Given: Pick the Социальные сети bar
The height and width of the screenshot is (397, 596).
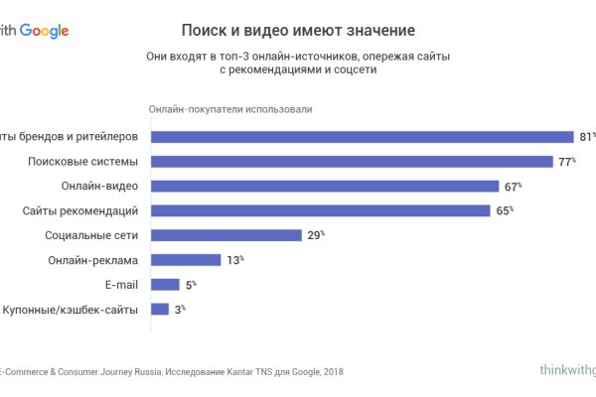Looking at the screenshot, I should (225, 235).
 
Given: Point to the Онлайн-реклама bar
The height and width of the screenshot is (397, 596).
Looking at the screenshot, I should (185, 260).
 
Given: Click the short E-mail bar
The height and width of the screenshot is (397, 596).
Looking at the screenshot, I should (164, 284).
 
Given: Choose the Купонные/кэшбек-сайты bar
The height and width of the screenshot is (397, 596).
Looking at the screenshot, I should (159, 309).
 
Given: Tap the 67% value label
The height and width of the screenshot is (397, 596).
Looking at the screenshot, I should (513, 186).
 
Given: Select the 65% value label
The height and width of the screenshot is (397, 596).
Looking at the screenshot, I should (505, 210).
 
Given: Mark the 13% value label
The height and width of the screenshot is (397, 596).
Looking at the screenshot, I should (234, 260).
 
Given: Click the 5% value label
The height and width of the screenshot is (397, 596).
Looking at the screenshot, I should (192, 284).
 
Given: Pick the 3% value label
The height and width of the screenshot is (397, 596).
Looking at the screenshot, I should (180, 309).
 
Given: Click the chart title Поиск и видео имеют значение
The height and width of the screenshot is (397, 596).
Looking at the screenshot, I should (298, 31).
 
